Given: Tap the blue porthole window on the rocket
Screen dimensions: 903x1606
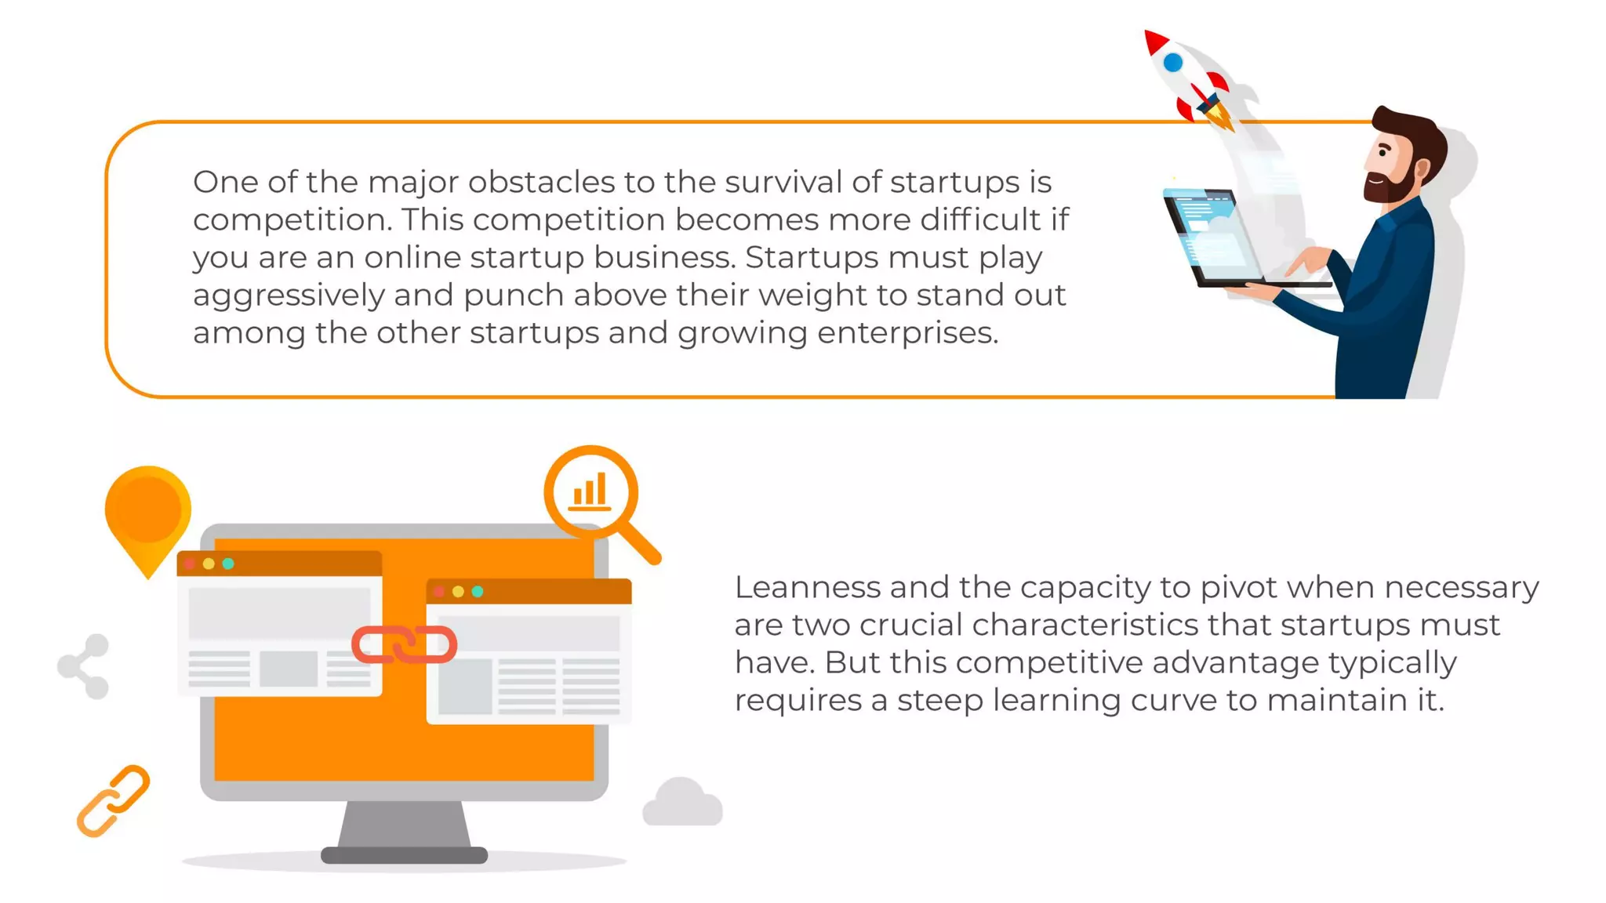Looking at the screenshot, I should tap(1173, 63).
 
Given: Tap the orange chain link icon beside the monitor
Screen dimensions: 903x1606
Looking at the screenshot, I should tap(113, 800).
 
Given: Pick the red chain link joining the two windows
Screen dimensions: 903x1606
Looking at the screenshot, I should tap(404, 644).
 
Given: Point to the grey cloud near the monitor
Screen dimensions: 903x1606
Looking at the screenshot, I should tap(681, 803).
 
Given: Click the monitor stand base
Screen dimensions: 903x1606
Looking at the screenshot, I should tap(404, 854).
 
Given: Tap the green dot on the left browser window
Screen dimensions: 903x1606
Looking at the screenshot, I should tap(228, 564).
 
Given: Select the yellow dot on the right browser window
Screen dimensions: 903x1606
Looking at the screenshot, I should tap(458, 591).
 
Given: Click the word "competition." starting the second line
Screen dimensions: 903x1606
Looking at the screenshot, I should tap(292, 220).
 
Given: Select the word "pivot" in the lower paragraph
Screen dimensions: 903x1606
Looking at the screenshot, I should tap(1244, 587).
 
